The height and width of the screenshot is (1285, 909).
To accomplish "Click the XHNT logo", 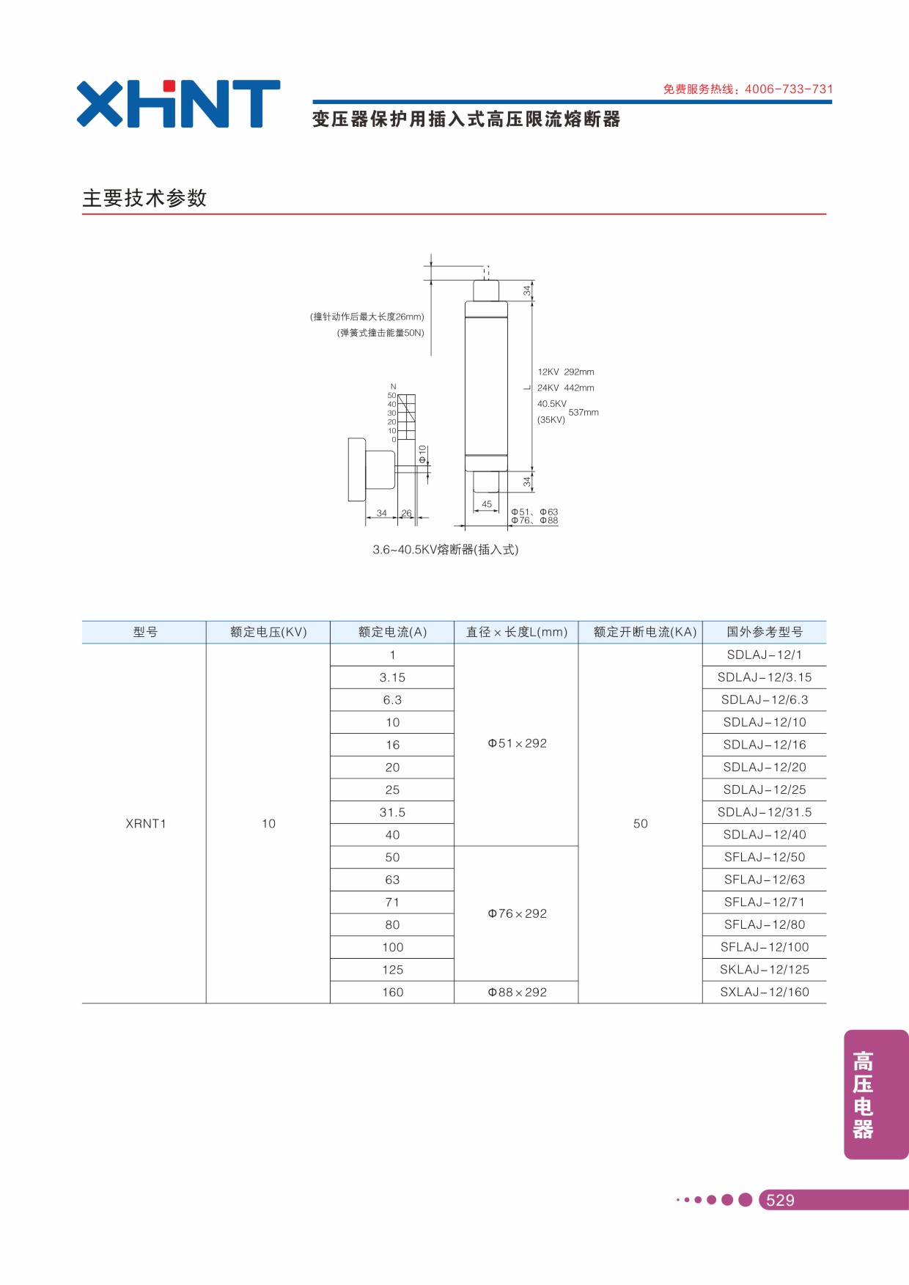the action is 178,103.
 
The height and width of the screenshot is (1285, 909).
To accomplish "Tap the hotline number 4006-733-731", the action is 789,89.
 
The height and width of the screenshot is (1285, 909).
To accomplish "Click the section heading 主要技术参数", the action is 144,198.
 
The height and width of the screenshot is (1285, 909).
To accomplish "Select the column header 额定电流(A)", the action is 392,632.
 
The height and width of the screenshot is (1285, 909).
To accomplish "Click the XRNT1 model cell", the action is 146,824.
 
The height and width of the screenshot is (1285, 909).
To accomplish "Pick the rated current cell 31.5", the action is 392,812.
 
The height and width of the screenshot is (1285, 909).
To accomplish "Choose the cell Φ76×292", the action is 517,913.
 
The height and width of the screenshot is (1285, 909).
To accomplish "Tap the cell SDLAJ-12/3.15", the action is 765,677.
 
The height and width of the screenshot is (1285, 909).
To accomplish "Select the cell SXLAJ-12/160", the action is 765,992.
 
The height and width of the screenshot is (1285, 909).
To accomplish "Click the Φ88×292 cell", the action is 517,992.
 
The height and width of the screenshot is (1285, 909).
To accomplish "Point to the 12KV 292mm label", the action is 566,372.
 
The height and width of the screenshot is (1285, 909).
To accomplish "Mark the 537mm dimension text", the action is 584,413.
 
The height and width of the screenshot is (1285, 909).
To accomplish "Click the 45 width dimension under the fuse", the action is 487,504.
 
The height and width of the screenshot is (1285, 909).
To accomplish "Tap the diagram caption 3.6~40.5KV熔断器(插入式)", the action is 446,550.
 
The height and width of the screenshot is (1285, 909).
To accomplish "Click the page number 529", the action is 780,1200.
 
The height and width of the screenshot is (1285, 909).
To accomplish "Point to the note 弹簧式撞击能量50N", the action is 380,333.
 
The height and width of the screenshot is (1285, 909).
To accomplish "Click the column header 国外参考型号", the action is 765,632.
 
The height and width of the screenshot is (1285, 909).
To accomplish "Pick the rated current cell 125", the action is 392,970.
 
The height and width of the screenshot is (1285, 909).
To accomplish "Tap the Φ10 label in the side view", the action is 422,454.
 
